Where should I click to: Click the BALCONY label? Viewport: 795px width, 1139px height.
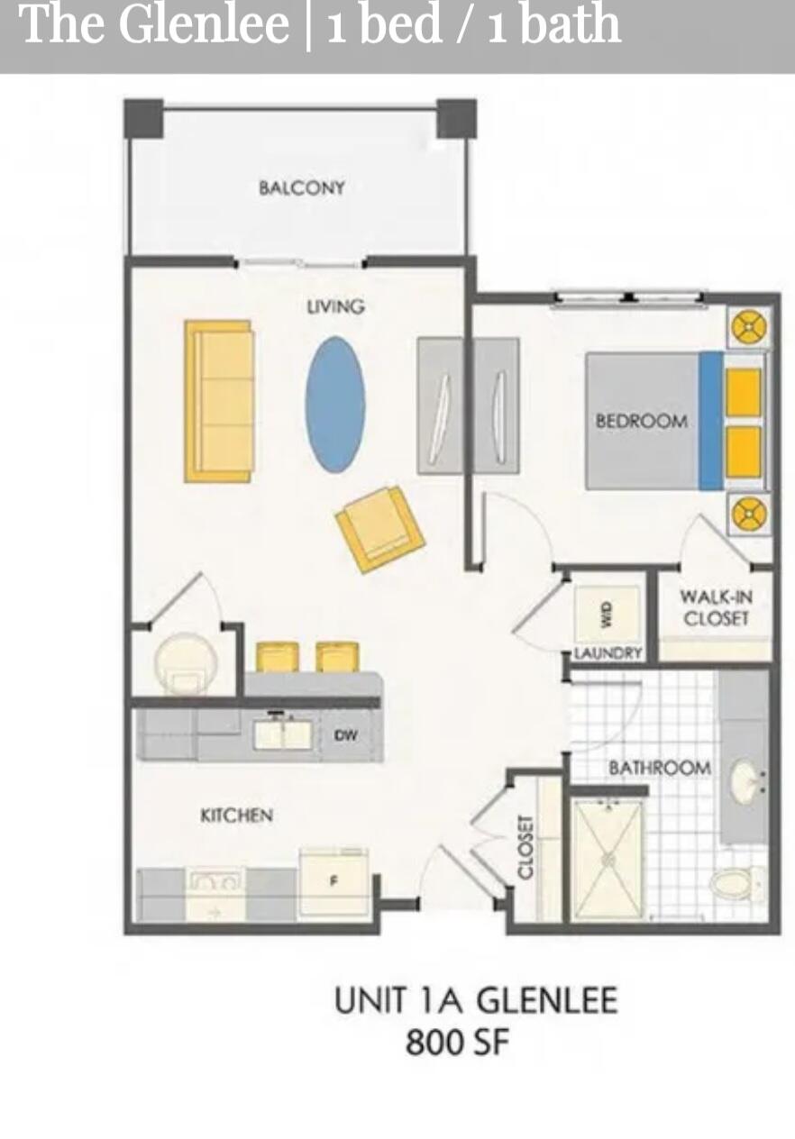click(x=301, y=187)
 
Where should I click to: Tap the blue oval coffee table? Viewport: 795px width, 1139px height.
click(x=335, y=405)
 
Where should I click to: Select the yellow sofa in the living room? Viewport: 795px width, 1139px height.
click(x=219, y=401)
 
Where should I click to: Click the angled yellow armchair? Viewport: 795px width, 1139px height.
click(x=380, y=528)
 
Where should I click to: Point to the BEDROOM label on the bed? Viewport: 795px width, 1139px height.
click(x=641, y=421)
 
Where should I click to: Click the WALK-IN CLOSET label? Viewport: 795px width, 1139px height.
click(x=716, y=607)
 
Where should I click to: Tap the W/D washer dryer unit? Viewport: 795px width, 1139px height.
click(x=607, y=615)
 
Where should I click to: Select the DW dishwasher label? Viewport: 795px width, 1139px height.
click(x=345, y=735)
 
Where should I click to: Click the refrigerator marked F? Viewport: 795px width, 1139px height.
click(x=334, y=880)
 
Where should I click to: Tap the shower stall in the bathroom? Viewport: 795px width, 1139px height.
click(x=608, y=859)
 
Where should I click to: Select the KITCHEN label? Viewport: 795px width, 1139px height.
click(x=236, y=815)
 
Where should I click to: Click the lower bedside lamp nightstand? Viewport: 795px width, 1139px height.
click(x=748, y=515)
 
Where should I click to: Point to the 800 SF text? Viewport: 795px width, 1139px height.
click(x=457, y=1043)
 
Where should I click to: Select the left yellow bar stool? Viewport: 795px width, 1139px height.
click(x=278, y=657)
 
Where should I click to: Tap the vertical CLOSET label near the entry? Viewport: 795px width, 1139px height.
click(x=526, y=847)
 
